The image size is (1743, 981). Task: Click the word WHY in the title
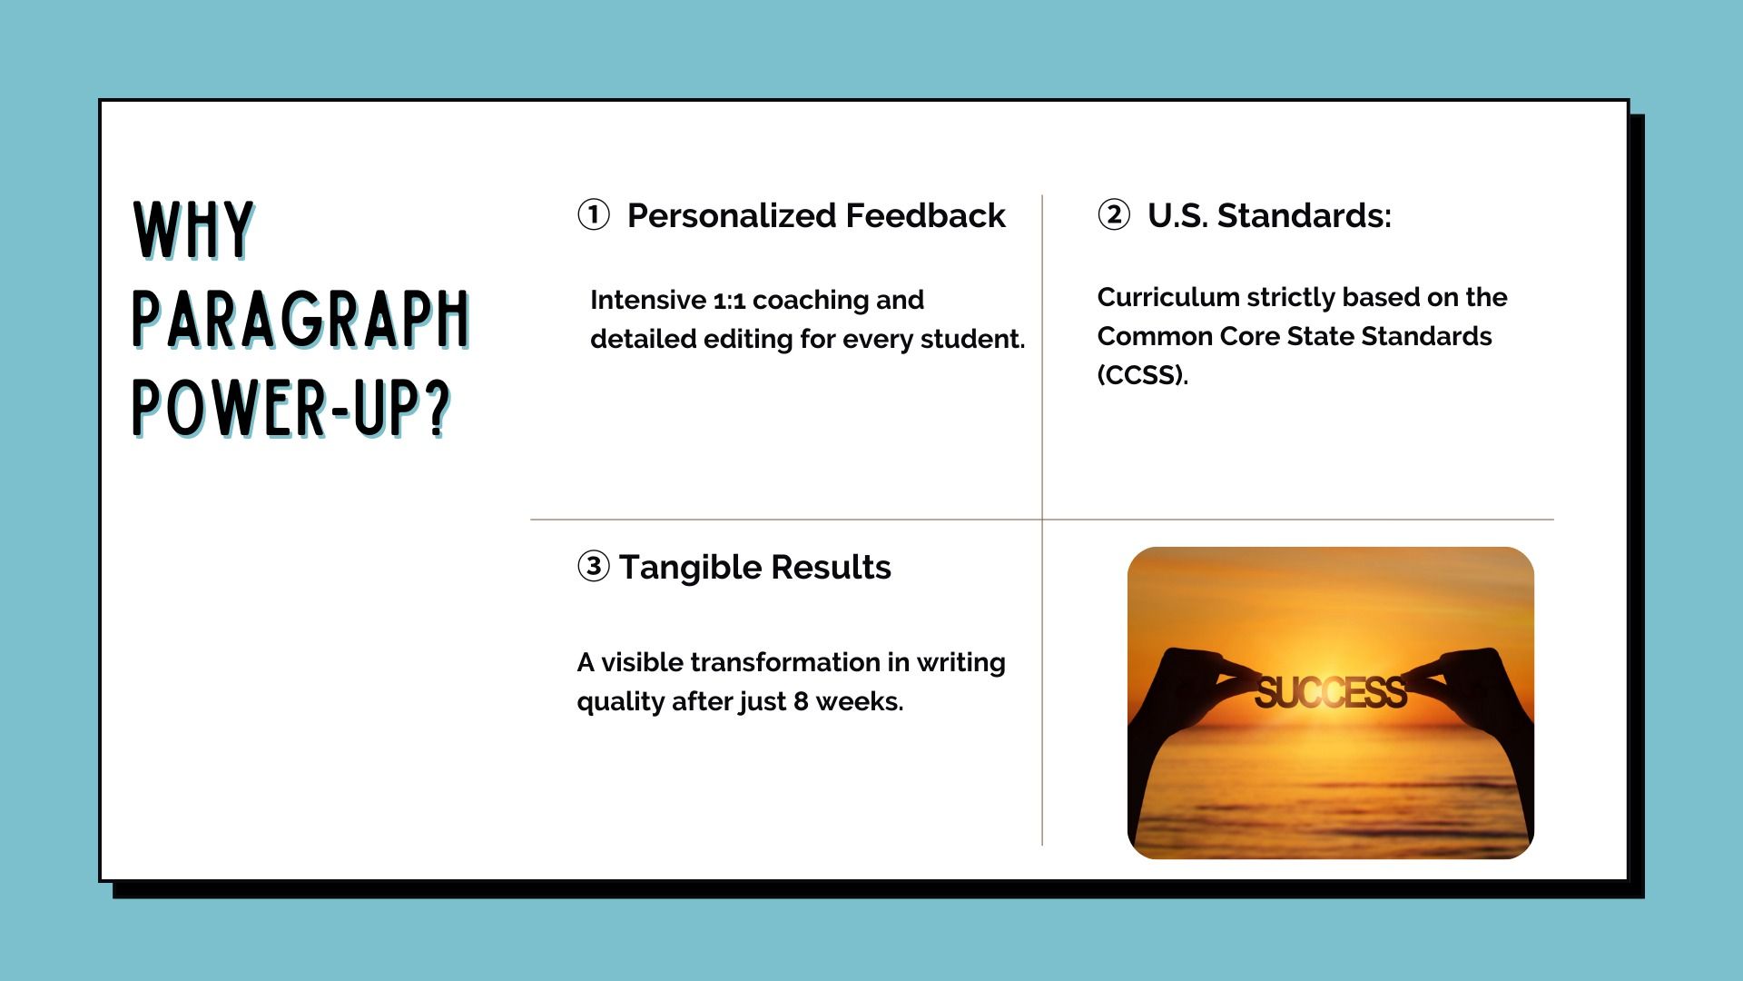tap(193, 231)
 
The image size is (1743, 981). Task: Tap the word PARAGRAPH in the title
tap(301, 320)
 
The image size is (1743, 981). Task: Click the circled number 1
tap(594, 215)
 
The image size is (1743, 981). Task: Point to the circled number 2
tap(1114, 215)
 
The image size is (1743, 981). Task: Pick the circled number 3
tap(594, 567)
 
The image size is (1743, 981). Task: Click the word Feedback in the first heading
tap(925, 215)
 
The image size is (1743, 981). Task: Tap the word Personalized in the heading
tap(732, 216)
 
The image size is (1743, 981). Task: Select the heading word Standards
tap(1304, 215)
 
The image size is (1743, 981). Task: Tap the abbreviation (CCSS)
tap(1143, 375)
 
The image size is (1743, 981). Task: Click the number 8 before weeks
tap(801, 702)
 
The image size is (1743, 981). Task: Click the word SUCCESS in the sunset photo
tap(1331, 693)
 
